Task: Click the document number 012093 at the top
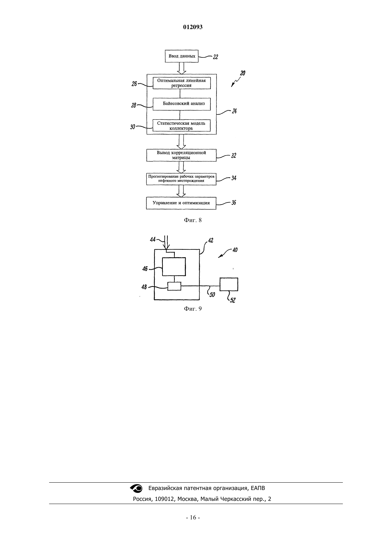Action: (193, 27)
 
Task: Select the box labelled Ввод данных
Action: (181, 56)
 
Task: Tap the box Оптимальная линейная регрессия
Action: (181, 83)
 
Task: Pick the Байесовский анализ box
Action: (181, 104)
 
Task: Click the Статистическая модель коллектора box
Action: (181, 125)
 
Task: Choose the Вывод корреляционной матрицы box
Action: (181, 155)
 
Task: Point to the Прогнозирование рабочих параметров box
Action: (181, 179)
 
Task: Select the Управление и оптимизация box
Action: (181, 203)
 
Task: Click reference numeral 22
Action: (215, 57)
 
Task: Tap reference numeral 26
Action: (134, 84)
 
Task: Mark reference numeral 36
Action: (234, 203)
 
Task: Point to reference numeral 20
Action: (243, 73)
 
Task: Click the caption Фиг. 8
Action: (193, 220)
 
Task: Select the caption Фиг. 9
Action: (193, 309)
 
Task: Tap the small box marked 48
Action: (174, 286)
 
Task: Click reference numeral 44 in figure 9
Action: (153, 240)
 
